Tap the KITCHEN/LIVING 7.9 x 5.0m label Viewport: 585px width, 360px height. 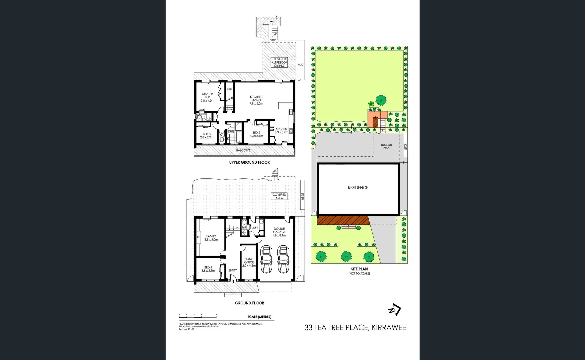tap(256, 100)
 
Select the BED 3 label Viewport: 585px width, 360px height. tap(207, 136)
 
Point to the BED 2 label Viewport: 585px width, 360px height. tap(256, 134)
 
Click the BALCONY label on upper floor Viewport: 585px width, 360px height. tap(243, 151)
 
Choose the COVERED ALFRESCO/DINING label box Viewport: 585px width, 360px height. tap(279, 62)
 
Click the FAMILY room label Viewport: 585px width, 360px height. tap(211, 238)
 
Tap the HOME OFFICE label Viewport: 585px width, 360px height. tap(249, 262)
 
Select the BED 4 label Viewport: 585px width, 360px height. tap(208, 269)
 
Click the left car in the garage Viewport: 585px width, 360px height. tap(266, 259)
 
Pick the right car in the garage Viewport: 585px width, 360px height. tap(283, 259)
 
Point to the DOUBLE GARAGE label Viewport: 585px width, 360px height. tap(279, 232)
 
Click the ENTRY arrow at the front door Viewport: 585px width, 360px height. tap(233, 281)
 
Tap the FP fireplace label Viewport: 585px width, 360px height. tap(198, 237)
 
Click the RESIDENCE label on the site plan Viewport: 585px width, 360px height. tap(358, 188)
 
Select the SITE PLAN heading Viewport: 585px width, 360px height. tap(359, 269)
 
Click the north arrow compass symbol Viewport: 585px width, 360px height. tap(395, 310)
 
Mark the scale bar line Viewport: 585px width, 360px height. tap(198, 315)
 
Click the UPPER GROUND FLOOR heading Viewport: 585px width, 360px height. tap(249, 162)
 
